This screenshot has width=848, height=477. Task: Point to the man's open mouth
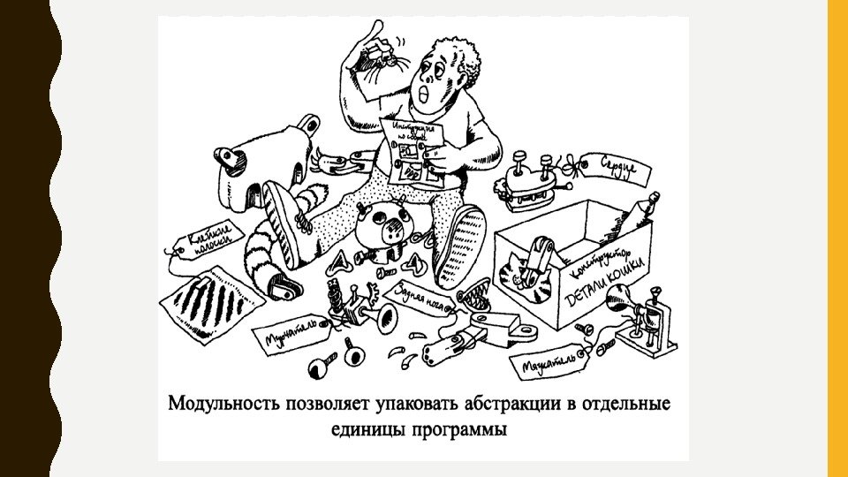point(428,91)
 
